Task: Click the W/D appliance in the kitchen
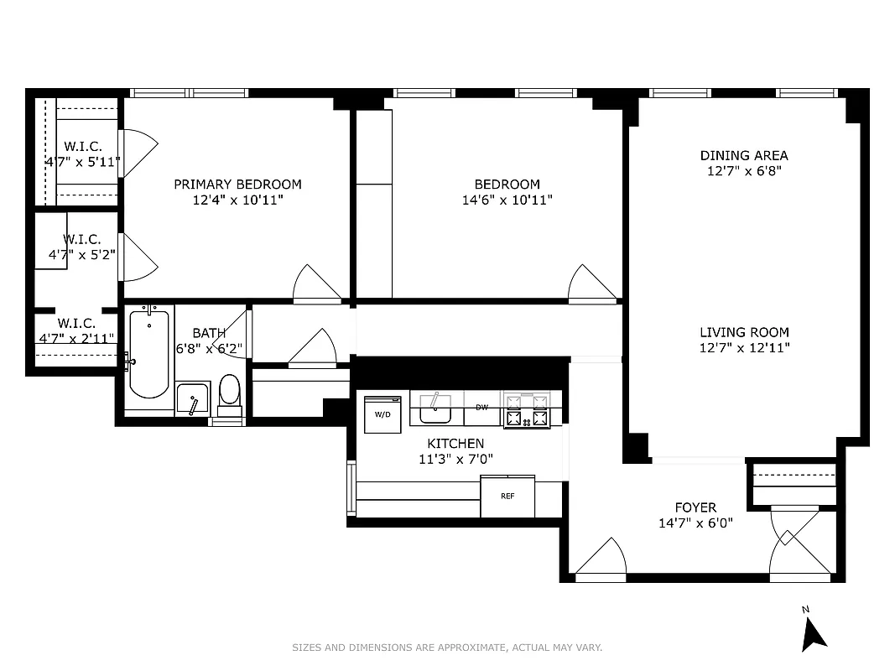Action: click(x=382, y=414)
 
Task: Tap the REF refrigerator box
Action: click(x=507, y=497)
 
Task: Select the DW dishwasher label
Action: click(x=481, y=408)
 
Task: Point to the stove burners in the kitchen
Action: click(x=525, y=409)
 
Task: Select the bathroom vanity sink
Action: click(x=192, y=399)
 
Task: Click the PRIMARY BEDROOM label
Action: click(x=237, y=185)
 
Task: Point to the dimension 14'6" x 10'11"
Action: click(x=507, y=200)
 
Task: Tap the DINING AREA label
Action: click(x=744, y=155)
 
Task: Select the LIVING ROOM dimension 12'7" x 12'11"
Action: click(x=744, y=348)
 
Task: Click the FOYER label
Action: click(x=695, y=507)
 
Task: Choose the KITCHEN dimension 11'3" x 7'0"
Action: click(x=455, y=459)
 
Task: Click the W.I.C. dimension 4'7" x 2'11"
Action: click(x=76, y=339)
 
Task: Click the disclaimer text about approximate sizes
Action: click(x=447, y=648)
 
